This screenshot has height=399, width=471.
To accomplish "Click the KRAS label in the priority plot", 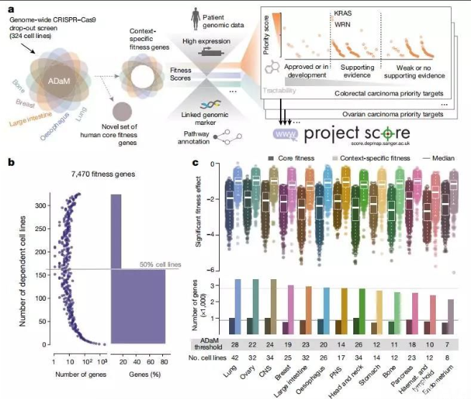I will click(345, 13).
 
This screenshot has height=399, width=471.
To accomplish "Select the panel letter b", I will click(10, 164).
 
